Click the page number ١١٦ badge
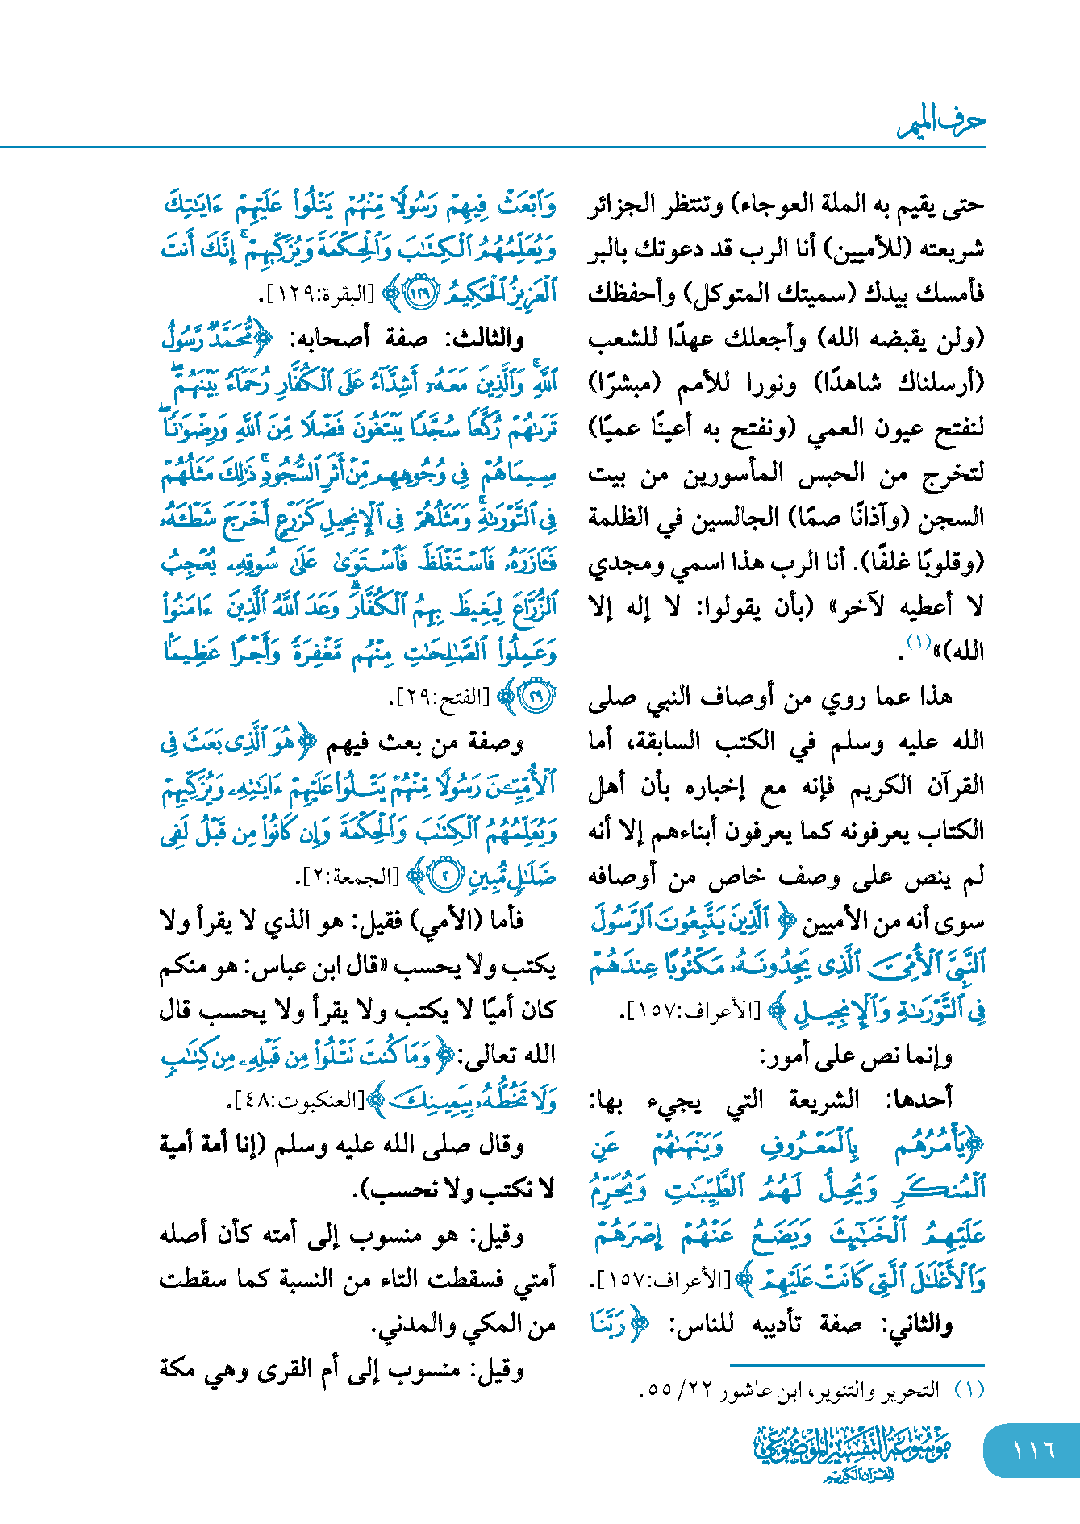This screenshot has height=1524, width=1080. (x=1032, y=1449)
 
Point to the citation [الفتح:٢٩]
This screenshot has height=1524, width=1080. (x=440, y=697)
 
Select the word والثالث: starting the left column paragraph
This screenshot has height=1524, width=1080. (x=485, y=339)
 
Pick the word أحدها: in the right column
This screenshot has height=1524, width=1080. (x=919, y=1100)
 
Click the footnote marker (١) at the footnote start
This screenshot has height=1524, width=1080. (x=969, y=1389)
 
